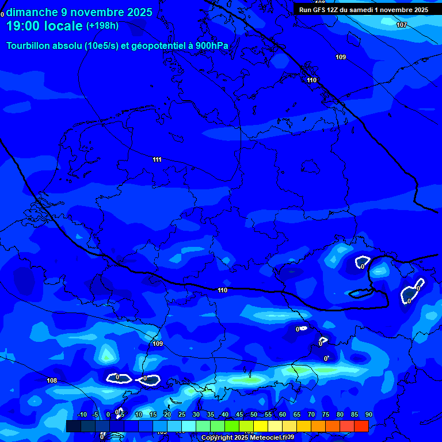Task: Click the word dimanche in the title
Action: pyautogui.click(x=32, y=12)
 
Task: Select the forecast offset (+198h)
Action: pyautogui.click(x=102, y=26)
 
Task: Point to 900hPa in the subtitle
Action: pyautogui.click(x=212, y=46)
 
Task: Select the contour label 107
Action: pyautogui.click(x=402, y=25)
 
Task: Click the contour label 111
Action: pyautogui.click(x=157, y=159)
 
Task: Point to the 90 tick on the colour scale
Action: pyautogui.click(x=368, y=415)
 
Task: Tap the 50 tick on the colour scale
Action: pyautogui.click(x=254, y=415)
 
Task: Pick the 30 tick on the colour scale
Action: pyautogui.click(x=196, y=415)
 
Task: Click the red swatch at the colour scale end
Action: pyautogui.click(x=361, y=426)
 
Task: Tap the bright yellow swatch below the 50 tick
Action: pyautogui.click(x=260, y=426)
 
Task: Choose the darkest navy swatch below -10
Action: pyautogui.click(x=73, y=426)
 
